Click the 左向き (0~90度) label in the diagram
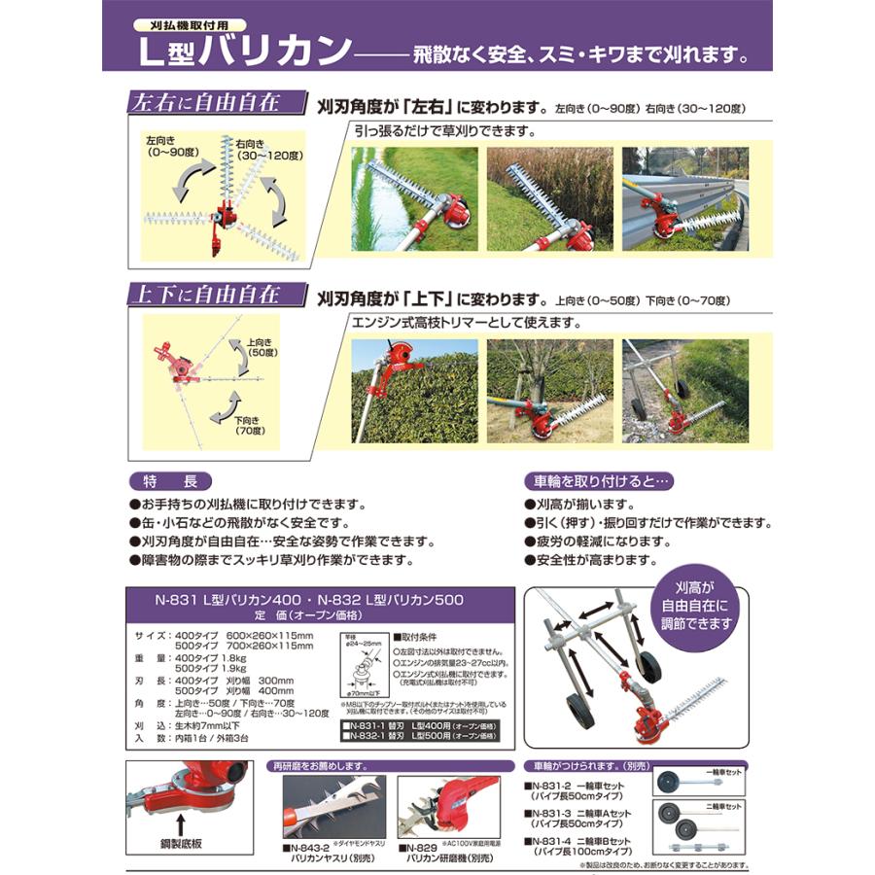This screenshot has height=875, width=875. coord(167,148)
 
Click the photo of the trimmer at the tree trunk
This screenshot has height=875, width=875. coord(549,391)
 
